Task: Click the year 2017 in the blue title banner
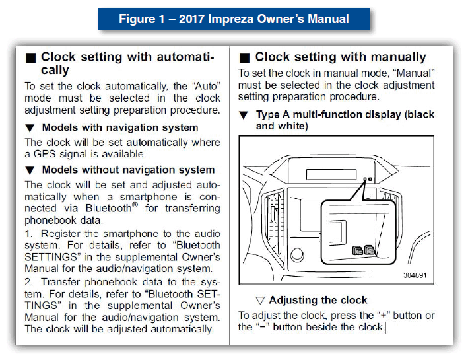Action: (x=191, y=19)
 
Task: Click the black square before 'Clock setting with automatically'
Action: (x=30, y=57)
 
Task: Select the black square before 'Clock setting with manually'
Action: (x=244, y=57)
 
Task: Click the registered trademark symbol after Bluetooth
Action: (x=135, y=205)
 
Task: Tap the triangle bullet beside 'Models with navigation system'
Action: (x=30, y=128)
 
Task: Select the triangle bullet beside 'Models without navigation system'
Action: (x=30, y=170)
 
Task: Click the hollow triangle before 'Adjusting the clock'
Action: (x=260, y=301)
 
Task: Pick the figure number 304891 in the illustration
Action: (x=415, y=275)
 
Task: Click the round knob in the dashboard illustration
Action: (x=297, y=255)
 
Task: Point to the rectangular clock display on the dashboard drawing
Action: (x=331, y=174)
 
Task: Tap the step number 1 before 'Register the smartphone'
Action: (x=28, y=234)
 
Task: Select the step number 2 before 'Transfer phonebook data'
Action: (x=28, y=282)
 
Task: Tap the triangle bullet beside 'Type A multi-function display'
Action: (x=244, y=115)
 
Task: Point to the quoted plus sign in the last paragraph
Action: (x=384, y=316)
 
